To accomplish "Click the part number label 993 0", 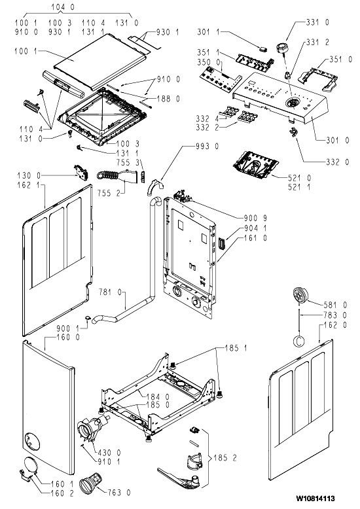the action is [x=207, y=147].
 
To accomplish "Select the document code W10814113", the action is [x=315, y=499].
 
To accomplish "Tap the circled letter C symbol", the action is [x=299, y=341].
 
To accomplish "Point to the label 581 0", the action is [x=335, y=305].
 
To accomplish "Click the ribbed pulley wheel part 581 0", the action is [x=300, y=295].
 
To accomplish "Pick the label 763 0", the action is [x=119, y=493].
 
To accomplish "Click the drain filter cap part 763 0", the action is [x=91, y=484].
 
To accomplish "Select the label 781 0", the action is [x=110, y=292].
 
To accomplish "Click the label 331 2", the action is [x=317, y=43].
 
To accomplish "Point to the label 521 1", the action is [x=299, y=187].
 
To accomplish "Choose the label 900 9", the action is [x=255, y=218].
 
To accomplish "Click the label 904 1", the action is [x=255, y=228].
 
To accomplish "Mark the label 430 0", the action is [x=109, y=452].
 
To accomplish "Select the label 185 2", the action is [x=225, y=458].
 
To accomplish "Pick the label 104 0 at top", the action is [x=63, y=7].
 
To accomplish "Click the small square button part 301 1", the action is [x=263, y=49].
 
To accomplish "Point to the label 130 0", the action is [x=29, y=175].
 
